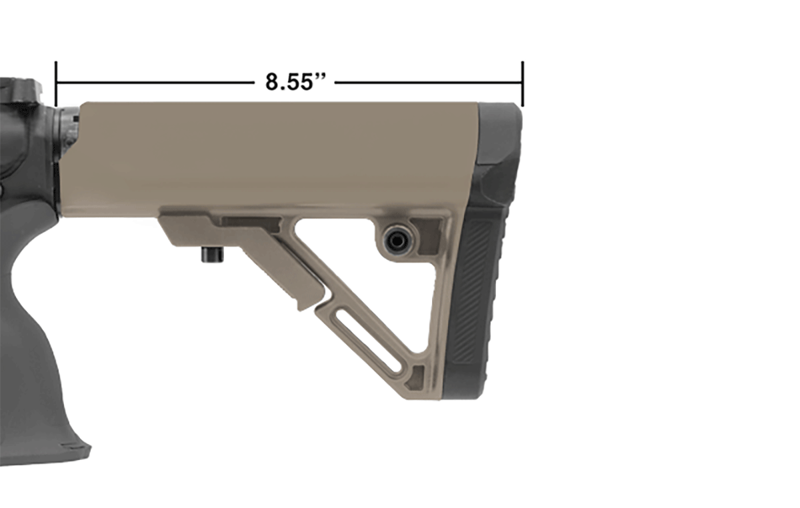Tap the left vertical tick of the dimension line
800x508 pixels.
[x=56, y=84]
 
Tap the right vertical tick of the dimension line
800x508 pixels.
[x=523, y=84]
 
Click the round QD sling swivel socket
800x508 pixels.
[x=396, y=241]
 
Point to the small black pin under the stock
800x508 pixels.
[x=213, y=255]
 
